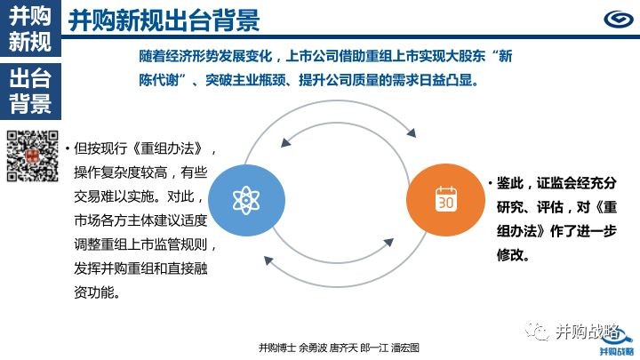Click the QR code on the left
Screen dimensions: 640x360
coord(33,156)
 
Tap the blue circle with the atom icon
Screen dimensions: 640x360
coord(246,200)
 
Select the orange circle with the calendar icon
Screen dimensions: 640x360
coord(445,200)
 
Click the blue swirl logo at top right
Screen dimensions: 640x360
coord(619,20)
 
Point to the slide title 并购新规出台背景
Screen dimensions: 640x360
coord(164,20)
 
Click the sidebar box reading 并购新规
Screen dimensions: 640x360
coord(30,28)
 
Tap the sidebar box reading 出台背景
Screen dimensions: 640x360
coord(30,91)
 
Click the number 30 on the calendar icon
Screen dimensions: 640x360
coord(445,203)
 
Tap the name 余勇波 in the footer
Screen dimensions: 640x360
coord(313,348)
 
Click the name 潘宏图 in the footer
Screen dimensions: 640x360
coord(405,348)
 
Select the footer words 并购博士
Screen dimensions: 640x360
coord(277,348)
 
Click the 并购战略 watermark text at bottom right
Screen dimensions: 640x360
coord(588,332)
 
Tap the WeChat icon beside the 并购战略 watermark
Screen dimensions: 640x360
coord(537,331)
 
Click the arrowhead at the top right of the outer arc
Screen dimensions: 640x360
coord(412,132)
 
